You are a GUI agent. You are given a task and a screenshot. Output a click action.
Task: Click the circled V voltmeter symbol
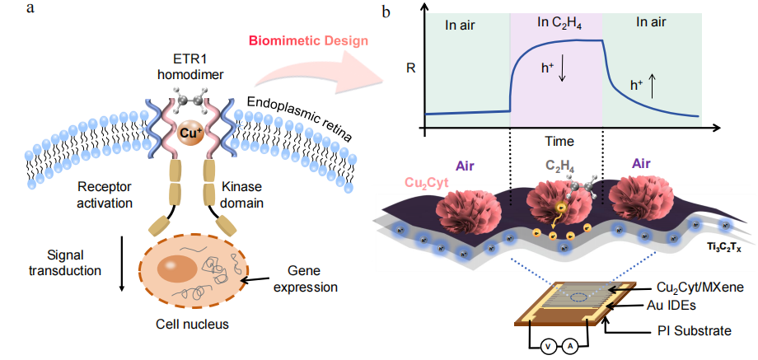click(x=546, y=347)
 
